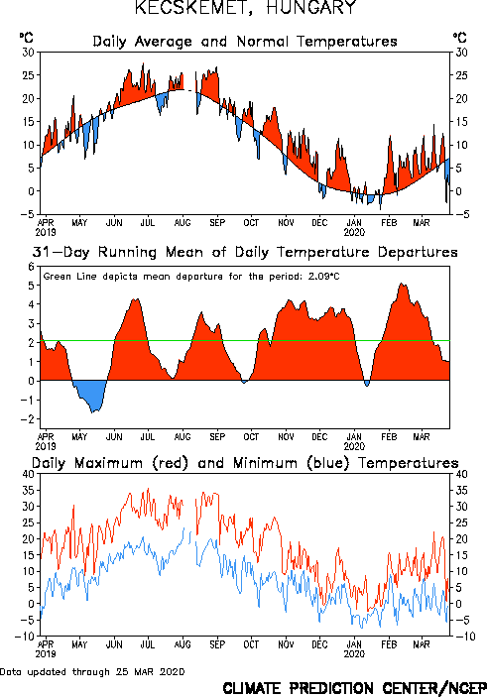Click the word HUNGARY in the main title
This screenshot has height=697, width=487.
click(311, 7)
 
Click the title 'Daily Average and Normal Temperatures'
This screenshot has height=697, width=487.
click(245, 42)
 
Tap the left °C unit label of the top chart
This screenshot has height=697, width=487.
click(26, 38)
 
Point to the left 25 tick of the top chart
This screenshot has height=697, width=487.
click(28, 75)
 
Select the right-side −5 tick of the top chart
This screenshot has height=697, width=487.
click(461, 214)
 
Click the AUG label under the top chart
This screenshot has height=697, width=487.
click(183, 223)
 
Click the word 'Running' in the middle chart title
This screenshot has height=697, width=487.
click(127, 252)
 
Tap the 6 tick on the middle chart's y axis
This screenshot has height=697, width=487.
click(31, 267)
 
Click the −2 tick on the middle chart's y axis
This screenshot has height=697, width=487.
click(28, 419)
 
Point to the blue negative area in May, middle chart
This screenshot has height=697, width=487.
click(90, 395)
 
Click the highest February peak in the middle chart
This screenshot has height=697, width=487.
click(402, 284)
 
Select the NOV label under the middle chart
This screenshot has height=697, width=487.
click(286, 437)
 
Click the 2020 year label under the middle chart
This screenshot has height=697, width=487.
click(354, 446)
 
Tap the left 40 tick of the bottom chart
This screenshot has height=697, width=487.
click(28, 474)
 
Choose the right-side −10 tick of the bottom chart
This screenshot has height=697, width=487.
click(465, 637)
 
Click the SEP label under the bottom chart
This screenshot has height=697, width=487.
click(217, 644)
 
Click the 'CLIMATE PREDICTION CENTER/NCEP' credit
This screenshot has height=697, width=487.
click(354, 688)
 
